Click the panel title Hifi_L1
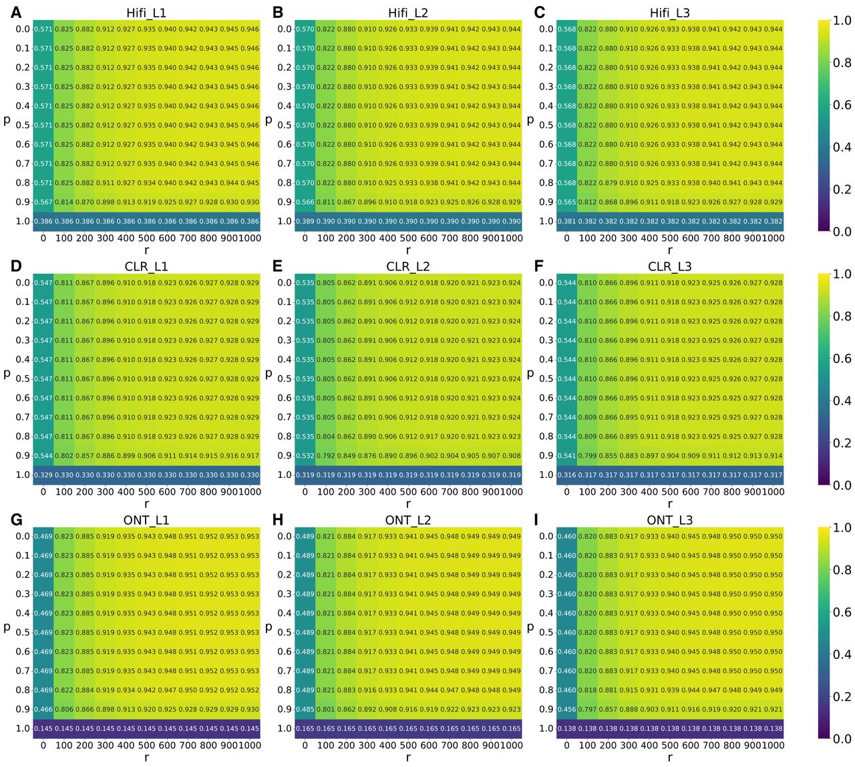click(x=146, y=13)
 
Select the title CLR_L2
click(x=408, y=267)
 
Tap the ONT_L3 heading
click(x=669, y=521)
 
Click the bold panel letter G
click(x=16, y=519)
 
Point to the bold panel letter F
click(x=539, y=266)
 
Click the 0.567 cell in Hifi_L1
click(x=43, y=202)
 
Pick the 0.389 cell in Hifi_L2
click(x=305, y=222)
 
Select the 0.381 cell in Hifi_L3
click(x=566, y=222)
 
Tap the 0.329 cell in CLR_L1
click(x=43, y=475)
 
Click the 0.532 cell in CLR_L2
click(x=305, y=456)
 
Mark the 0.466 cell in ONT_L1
click(x=43, y=710)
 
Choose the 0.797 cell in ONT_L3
click(x=588, y=710)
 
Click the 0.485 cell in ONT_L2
click(x=305, y=710)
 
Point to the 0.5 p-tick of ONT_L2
click(x=285, y=633)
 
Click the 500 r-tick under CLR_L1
click(x=146, y=492)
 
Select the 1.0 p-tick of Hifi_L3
click(x=546, y=222)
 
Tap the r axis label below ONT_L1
click(x=146, y=758)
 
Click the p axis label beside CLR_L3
click(x=530, y=374)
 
